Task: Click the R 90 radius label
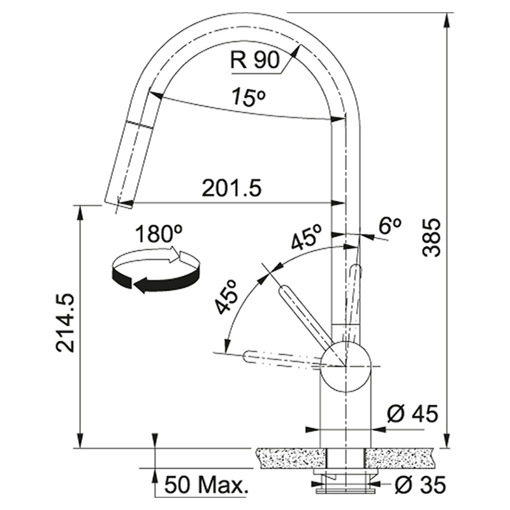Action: tap(255, 60)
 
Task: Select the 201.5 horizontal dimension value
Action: tap(231, 188)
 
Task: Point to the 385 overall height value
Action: tap(432, 238)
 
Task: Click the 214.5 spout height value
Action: tap(65, 323)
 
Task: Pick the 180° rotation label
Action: tap(158, 234)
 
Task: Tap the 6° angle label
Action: tap(390, 225)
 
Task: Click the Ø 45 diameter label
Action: tap(412, 414)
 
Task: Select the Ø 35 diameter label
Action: tap(419, 485)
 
